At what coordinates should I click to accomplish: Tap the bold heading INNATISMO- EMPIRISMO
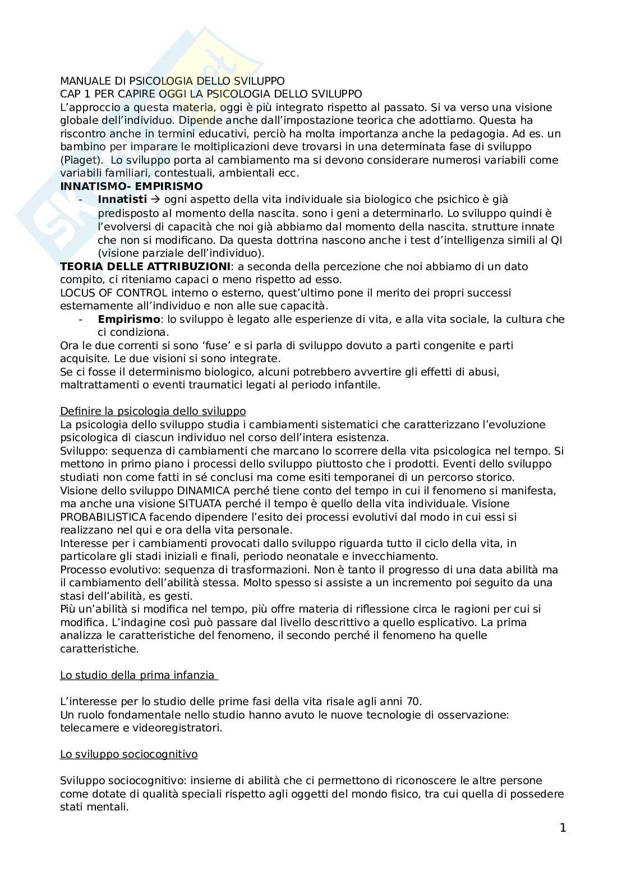[x=131, y=186]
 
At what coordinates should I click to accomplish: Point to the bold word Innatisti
[x=122, y=200]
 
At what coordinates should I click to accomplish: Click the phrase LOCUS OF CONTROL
[x=113, y=293]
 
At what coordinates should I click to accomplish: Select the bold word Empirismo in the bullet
[x=128, y=319]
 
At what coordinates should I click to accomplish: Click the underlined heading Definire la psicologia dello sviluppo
[x=153, y=411]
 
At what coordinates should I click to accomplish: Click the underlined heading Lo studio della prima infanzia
[x=138, y=675]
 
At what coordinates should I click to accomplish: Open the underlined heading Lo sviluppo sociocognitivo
[x=128, y=754]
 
